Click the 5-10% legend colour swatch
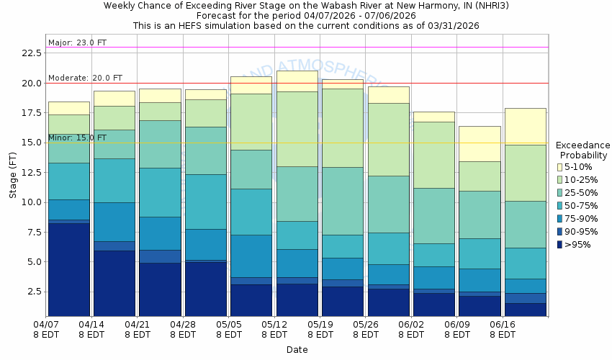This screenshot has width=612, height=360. tap(561, 167)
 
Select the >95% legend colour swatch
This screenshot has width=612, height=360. tap(561, 245)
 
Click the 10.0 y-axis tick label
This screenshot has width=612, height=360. tap(31, 202)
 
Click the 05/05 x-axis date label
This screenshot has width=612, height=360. tap(229, 329)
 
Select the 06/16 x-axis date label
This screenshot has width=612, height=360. tap(503, 329)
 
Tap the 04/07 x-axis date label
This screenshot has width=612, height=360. tap(46, 329)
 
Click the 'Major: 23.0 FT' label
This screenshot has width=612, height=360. tap(77, 42)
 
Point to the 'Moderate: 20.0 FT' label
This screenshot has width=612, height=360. tap(85, 78)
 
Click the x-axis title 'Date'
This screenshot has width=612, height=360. tap(297, 350)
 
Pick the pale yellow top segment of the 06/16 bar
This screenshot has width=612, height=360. tap(525, 126)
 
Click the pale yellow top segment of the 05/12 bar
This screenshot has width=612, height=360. tap(297, 81)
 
